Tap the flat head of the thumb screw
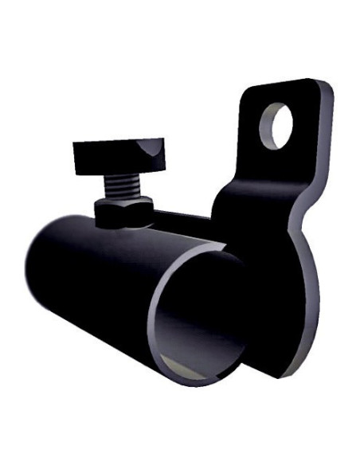(x=119, y=154)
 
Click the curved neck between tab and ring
(x=239, y=199)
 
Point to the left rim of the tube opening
(x=155, y=318)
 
